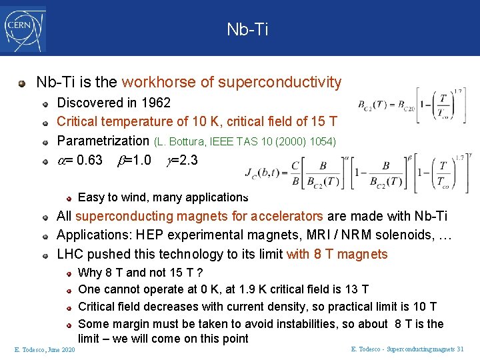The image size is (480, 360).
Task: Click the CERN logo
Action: (x=24, y=29)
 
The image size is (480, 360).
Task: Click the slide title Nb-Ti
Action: (x=247, y=29)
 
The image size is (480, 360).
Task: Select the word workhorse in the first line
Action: (x=154, y=83)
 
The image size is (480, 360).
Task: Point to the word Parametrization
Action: (x=103, y=141)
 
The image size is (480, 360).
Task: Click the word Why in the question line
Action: (x=90, y=273)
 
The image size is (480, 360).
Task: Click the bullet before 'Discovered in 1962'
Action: (x=45, y=103)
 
